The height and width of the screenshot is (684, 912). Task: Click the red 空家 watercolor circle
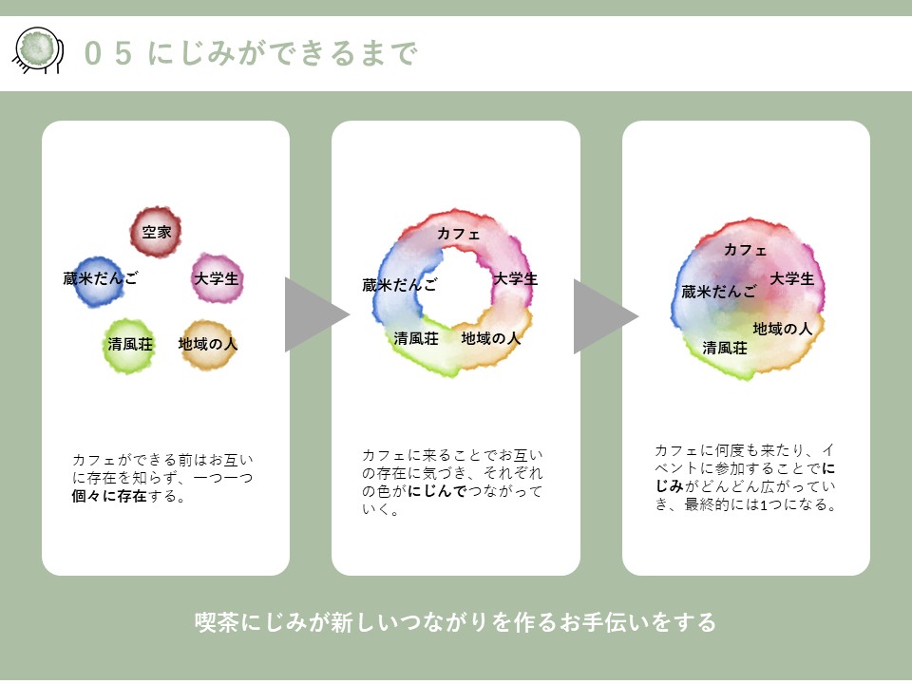(155, 232)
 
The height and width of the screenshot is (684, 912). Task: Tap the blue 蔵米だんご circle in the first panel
(99, 281)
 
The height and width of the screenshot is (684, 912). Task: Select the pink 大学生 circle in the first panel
(218, 278)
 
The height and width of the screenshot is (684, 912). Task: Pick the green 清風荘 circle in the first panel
(128, 346)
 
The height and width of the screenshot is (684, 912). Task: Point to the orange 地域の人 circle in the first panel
(208, 344)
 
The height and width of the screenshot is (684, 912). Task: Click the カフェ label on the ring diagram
(458, 234)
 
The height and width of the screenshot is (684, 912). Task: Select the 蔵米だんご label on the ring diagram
(400, 284)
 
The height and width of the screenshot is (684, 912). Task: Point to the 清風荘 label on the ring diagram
(416, 338)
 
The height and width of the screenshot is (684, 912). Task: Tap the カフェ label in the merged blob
(745, 250)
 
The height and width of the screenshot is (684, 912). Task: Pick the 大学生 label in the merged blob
(791, 278)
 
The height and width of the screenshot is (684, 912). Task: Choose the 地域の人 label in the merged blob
(782, 329)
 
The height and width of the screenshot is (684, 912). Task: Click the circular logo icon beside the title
(38, 50)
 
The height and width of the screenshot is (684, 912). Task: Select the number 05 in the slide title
(108, 53)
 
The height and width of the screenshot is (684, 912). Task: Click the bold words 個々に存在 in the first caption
(108, 496)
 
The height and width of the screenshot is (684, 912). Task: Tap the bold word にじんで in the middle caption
(437, 491)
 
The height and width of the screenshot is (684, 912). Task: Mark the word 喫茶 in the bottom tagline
(217, 621)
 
